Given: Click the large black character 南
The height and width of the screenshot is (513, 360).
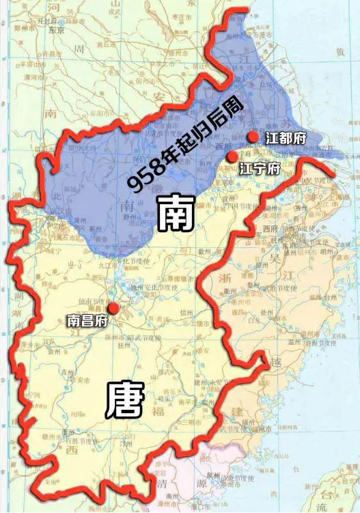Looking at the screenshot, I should coord(176,214).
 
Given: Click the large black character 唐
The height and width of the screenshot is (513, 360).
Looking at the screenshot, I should coord(125,399).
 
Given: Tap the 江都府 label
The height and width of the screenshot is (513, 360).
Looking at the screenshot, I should coord(286,138).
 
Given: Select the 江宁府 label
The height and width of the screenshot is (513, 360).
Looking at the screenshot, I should coord(260,168).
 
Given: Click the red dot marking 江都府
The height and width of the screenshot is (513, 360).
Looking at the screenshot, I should coord(253,137).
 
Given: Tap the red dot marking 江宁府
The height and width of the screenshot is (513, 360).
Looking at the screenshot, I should coord(232,157).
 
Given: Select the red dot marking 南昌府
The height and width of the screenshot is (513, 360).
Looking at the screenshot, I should coord(113,309).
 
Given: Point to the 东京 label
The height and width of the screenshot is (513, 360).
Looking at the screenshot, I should coord(57,30).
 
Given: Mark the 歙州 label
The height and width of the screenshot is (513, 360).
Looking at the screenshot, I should coord(203,252).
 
